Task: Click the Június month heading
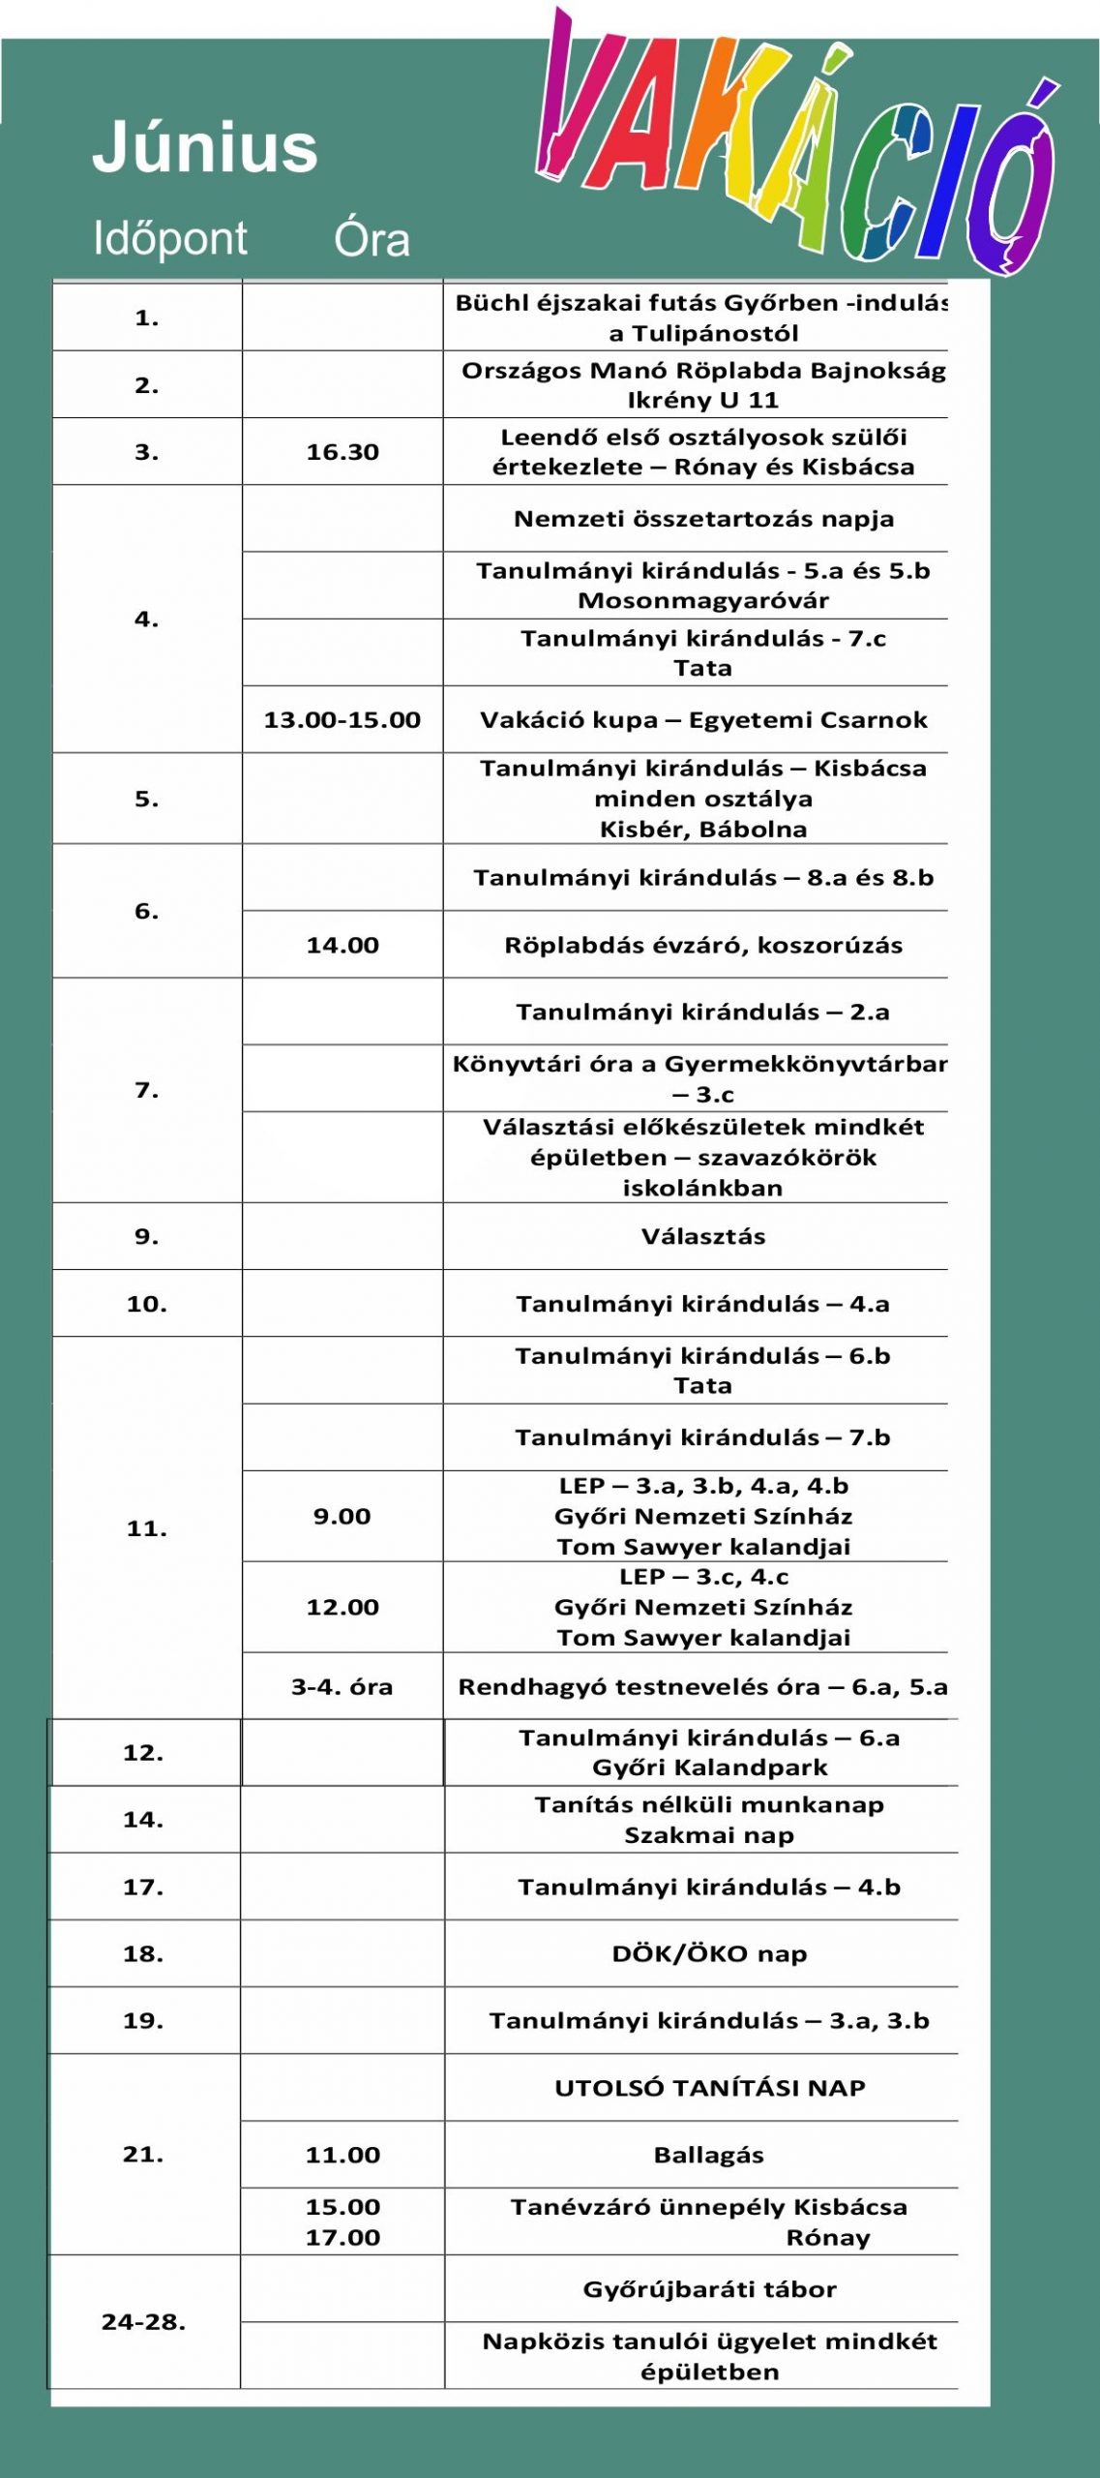pos(205,148)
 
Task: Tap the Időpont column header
pos(170,238)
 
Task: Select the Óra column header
pos(372,239)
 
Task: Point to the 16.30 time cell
pos(342,452)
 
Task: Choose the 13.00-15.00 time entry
pos(342,720)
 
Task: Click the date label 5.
pos(146,800)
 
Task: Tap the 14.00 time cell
pos(342,946)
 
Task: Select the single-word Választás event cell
pos(703,1237)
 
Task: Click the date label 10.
pos(146,1305)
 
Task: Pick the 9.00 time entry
pos(342,1517)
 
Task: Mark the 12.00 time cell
pos(342,1608)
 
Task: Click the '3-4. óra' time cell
pos(342,1687)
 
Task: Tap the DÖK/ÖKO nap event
pos(709,1954)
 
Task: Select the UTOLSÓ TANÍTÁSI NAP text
pos(709,2088)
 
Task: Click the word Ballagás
pos(709,2156)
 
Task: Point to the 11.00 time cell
pos(342,2156)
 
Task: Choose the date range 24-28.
pos(143,2322)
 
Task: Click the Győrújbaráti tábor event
pos(709,2289)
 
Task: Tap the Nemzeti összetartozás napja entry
pos(703,519)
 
